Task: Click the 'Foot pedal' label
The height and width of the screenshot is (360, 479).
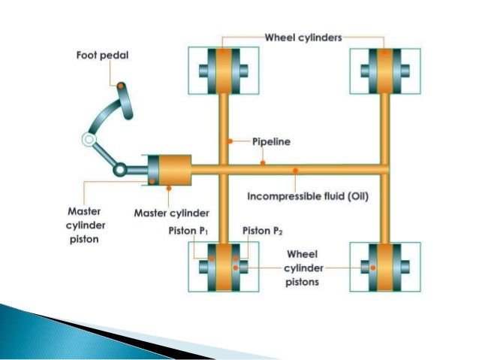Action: coord(101,56)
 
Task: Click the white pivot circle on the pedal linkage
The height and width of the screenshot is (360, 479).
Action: coord(88,141)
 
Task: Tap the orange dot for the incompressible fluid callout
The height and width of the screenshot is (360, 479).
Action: coord(295,171)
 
